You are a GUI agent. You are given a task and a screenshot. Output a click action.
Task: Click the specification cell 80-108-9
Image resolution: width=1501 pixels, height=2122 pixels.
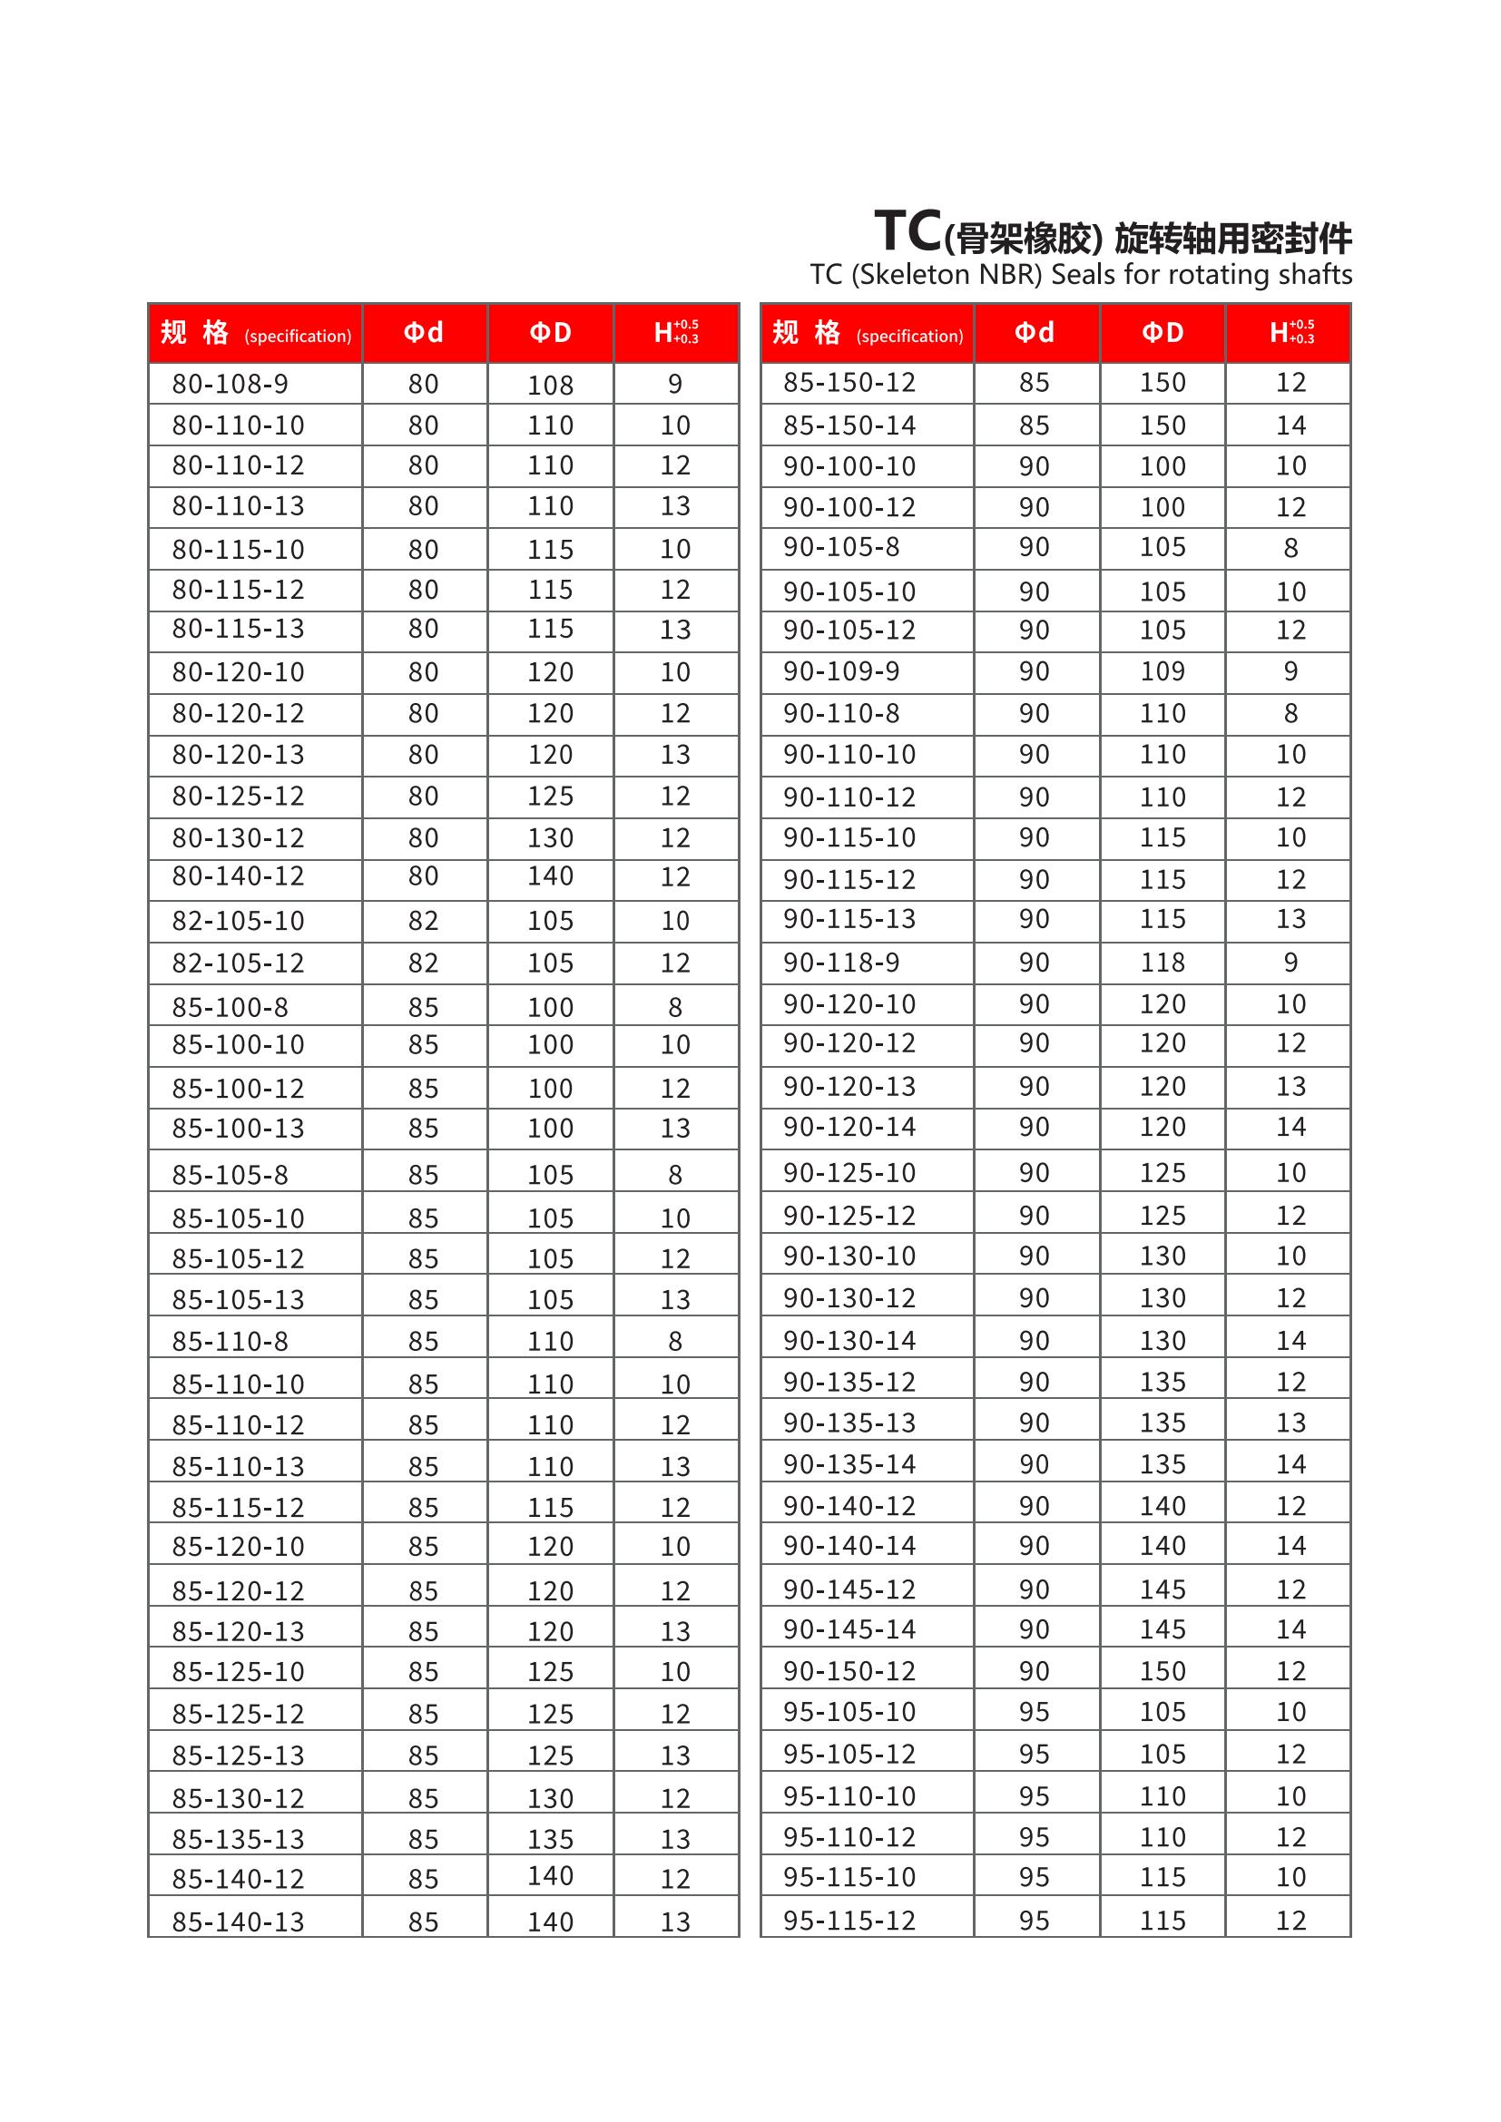(231, 384)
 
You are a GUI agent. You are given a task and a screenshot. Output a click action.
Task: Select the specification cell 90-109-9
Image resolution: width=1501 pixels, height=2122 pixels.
(841, 671)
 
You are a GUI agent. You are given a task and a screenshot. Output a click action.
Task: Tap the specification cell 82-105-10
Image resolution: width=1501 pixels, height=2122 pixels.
(238, 921)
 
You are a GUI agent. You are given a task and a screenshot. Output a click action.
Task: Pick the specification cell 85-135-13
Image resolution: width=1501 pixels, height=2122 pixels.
(238, 1839)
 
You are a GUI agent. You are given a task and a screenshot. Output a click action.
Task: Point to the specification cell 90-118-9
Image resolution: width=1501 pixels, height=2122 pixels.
(841, 962)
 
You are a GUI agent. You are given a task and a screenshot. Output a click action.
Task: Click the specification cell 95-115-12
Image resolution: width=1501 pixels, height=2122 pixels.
(849, 1921)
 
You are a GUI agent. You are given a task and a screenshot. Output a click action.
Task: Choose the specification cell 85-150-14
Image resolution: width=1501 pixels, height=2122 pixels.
(849, 425)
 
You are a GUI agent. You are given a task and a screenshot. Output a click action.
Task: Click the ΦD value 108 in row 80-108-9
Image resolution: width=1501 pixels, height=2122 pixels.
(550, 385)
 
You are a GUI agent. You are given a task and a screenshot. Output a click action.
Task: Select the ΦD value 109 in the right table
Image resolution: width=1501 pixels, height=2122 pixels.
(1162, 671)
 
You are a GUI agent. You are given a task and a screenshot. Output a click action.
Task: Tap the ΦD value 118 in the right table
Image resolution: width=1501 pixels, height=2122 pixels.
(1162, 962)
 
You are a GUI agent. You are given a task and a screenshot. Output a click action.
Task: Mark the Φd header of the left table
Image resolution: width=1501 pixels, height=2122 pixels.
(423, 333)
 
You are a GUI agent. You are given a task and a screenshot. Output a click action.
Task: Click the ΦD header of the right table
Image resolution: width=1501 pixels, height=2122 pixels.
(1162, 333)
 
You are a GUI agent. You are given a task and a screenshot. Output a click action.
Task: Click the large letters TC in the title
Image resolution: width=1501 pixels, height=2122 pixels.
(907, 231)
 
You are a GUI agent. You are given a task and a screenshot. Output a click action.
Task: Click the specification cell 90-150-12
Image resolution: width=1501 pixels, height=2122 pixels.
(849, 1671)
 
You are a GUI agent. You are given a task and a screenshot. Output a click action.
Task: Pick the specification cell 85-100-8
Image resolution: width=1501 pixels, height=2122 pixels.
(231, 1006)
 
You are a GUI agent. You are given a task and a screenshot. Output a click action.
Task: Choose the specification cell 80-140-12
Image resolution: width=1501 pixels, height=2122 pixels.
(238, 876)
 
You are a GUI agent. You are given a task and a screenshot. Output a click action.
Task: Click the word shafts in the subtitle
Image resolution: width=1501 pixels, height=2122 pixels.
(1315, 275)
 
